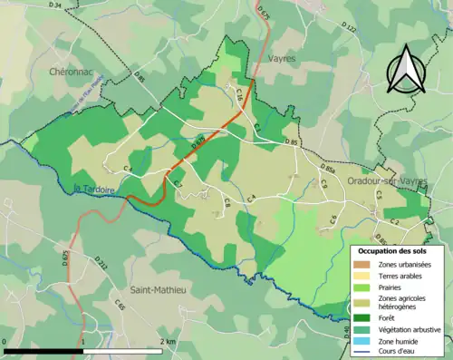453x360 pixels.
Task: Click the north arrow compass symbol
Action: (407, 68)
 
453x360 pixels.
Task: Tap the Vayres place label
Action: (284, 57)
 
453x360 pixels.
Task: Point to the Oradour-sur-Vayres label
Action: (387, 181)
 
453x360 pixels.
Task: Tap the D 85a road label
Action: (327, 170)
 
